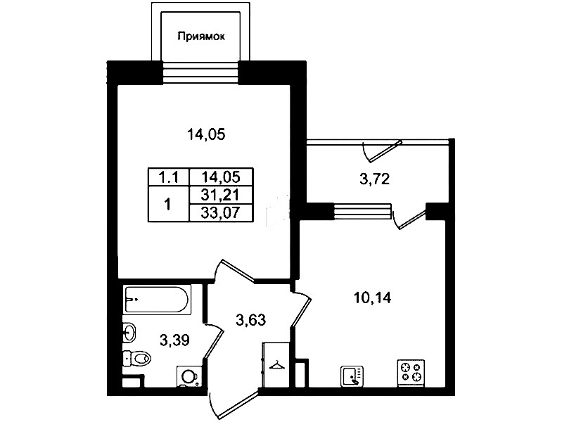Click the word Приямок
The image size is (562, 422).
click(201, 36)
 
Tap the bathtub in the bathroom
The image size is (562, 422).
click(156, 300)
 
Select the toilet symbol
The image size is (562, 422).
click(137, 357)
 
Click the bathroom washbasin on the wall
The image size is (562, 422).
click(129, 332)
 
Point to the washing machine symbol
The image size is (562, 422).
click(189, 377)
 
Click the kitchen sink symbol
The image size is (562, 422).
click(352, 376)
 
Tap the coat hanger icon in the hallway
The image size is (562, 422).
click(276, 365)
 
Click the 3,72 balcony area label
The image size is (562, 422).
click(374, 179)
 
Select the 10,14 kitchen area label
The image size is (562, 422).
click(373, 298)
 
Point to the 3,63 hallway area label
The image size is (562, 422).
click(251, 320)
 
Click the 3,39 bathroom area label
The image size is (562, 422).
click(174, 340)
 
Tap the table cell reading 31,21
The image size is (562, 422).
click(221, 196)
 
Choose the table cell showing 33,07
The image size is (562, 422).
click(221, 213)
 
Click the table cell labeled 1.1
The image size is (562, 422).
click(168, 177)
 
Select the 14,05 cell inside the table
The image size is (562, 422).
click(221, 177)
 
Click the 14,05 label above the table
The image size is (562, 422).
click(206, 135)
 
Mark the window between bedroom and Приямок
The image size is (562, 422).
click(200, 73)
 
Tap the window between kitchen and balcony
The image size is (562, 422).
click(362, 211)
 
